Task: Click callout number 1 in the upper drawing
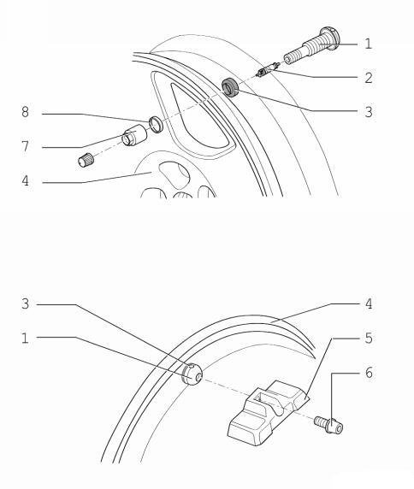coord(369,44)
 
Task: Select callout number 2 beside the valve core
coord(369,78)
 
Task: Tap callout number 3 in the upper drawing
coord(369,112)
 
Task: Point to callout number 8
coord(26,112)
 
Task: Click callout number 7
coord(26,146)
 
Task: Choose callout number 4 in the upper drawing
coord(26,180)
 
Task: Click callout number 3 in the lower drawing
coord(26,303)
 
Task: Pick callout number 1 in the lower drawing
coord(26,338)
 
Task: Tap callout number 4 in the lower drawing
coord(369,303)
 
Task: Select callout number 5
coord(369,338)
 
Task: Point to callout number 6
coord(369,373)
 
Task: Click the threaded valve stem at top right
coord(311,45)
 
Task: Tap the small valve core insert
coord(267,69)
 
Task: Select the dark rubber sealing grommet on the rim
coord(230,87)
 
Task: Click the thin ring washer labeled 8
coord(156,124)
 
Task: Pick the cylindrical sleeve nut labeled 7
coord(134,135)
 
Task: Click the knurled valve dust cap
coord(86,160)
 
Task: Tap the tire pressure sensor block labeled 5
coord(268,413)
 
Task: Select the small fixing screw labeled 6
coord(328,425)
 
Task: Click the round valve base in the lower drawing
coord(192,374)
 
